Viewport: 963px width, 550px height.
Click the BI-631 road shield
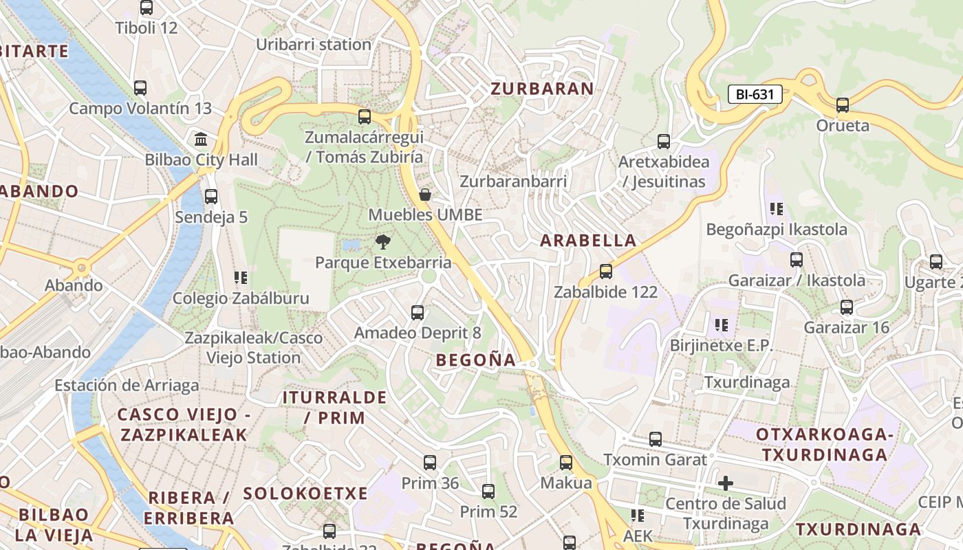755,95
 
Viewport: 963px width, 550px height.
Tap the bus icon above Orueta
843,105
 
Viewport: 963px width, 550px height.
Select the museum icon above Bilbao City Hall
201,140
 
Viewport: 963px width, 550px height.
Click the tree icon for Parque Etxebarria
383,242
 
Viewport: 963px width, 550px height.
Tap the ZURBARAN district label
542,88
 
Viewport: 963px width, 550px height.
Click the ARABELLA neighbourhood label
588,241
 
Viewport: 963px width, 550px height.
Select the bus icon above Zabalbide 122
606,272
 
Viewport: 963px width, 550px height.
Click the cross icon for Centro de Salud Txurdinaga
726,483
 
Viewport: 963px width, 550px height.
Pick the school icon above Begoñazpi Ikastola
777,209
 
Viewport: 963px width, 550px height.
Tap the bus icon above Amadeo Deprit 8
418,313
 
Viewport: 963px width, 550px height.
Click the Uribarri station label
314,45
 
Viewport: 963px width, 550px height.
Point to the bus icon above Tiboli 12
147,8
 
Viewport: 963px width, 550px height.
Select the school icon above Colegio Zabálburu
240,278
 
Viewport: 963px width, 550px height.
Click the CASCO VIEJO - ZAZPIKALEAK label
184,424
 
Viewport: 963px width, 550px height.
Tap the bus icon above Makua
566,463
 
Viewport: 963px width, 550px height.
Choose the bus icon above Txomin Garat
656,439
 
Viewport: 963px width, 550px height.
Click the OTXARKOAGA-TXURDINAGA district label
824,444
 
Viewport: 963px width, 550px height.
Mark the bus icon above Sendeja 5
211,197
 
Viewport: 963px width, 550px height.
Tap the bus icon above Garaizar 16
847,307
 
